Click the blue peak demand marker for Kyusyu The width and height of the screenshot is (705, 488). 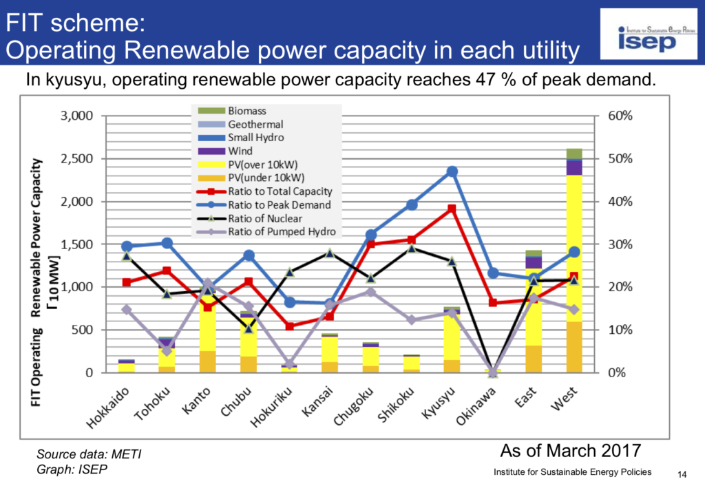[452, 171]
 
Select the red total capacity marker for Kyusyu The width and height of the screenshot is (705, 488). [452, 209]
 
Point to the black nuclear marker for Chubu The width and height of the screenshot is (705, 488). [249, 328]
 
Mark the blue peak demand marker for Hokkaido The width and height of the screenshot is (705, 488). [127, 246]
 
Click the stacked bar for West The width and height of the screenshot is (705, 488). [574, 275]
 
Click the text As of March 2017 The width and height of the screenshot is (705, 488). [570, 451]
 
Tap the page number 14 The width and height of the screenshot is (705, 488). [682, 474]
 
